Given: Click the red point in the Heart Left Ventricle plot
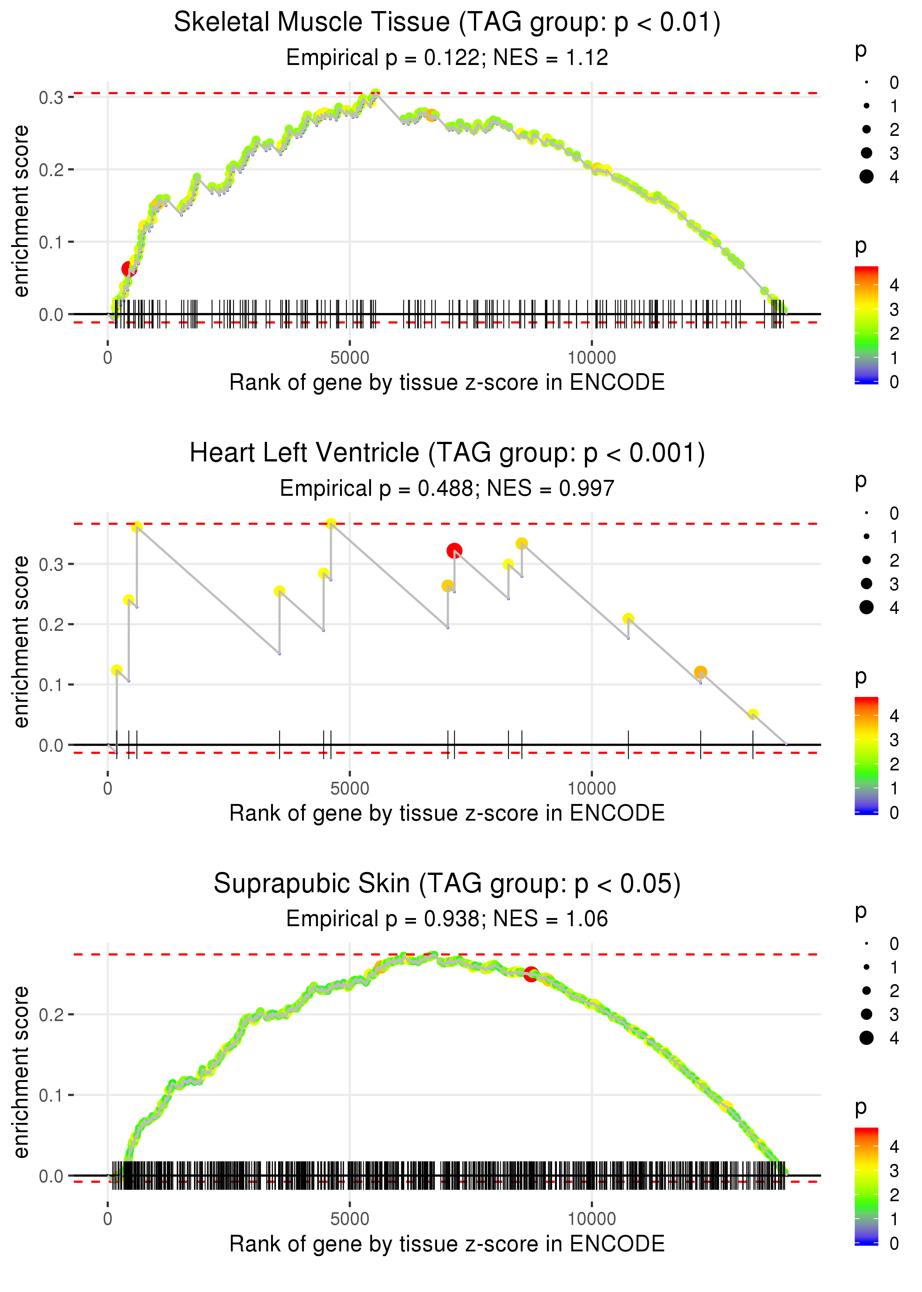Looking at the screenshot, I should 454,550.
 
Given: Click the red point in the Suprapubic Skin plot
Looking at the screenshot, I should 531,975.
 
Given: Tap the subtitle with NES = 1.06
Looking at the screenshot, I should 447,919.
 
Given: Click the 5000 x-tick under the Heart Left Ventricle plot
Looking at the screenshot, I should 350,788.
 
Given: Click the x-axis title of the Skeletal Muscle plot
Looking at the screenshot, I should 447,382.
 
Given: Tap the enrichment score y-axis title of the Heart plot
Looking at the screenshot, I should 21,642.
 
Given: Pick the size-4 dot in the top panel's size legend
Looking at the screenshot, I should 866,177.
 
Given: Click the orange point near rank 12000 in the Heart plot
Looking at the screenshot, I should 701,672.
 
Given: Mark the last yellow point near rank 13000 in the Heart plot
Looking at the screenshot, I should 753,714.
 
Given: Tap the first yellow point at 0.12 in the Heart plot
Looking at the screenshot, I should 117,670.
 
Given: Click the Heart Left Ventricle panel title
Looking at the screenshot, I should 447,453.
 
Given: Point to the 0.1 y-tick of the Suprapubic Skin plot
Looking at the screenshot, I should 51,1095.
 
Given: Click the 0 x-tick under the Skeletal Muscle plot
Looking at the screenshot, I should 108,358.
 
